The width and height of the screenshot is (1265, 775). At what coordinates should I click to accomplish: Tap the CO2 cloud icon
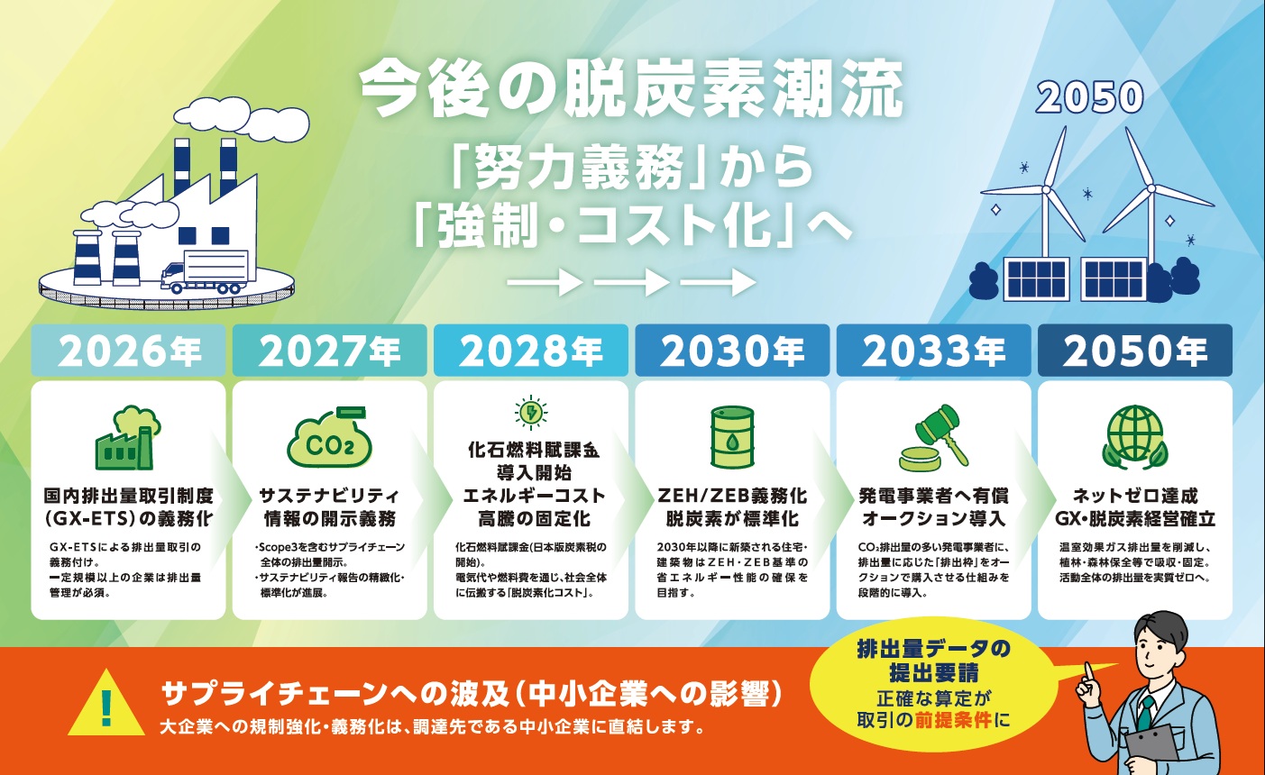(x=329, y=438)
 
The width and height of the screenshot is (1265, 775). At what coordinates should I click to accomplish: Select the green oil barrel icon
(x=732, y=437)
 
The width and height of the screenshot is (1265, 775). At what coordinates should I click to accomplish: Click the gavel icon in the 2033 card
(x=933, y=438)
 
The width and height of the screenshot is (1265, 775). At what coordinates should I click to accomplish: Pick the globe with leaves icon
(x=1135, y=437)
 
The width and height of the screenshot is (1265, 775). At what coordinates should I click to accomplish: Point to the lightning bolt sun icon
(x=531, y=413)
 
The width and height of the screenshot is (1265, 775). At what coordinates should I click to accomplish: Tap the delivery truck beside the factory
(x=205, y=272)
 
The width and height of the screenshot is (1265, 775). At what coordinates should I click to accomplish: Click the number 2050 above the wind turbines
(x=1089, y=98)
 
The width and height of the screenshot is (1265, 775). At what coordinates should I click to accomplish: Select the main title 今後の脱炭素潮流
(x=631, y=90)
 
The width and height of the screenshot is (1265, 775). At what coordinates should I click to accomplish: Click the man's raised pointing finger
(x=1087, y=676)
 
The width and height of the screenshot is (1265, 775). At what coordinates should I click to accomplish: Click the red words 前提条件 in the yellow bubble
(x=954, y=721)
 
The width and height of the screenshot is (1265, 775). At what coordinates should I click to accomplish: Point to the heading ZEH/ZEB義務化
(x=732, y=496)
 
